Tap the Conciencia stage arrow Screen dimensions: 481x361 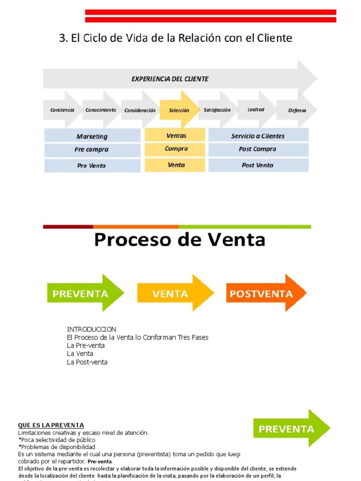click(62, 110)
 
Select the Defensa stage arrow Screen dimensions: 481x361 click(297, 110)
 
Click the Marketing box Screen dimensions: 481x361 click(92, 136)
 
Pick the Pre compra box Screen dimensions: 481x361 click(92, 150)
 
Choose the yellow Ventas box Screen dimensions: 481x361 click(176, 136)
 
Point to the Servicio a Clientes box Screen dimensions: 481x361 click(258, 136)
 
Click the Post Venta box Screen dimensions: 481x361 click(258, 165)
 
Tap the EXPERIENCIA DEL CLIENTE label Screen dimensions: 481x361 click(170, 79)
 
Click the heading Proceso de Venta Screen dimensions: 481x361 click(180, 240)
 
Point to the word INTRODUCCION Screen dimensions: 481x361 click(91, 329)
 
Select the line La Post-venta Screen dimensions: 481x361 click(87, 362)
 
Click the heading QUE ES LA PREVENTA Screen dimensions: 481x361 click(51, 425)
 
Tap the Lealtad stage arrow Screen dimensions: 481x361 click(256, 110)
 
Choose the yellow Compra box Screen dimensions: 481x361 click(176, 149)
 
